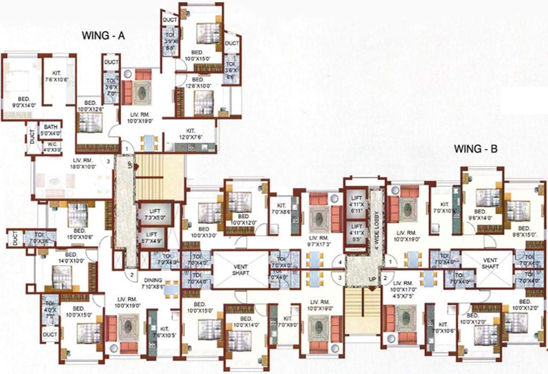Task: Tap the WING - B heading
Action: [x=475, y=149]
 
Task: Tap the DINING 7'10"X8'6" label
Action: [x=155, y=283]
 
